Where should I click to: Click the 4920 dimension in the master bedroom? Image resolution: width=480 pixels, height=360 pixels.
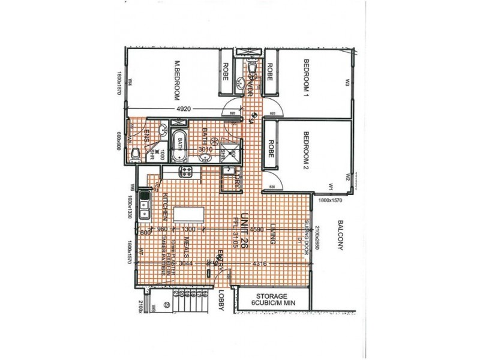184,109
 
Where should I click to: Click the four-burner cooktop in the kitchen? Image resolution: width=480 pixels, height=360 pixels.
186,172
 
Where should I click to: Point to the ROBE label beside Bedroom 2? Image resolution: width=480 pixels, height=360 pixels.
271,148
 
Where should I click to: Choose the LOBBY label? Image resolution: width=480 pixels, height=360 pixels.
221,298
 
